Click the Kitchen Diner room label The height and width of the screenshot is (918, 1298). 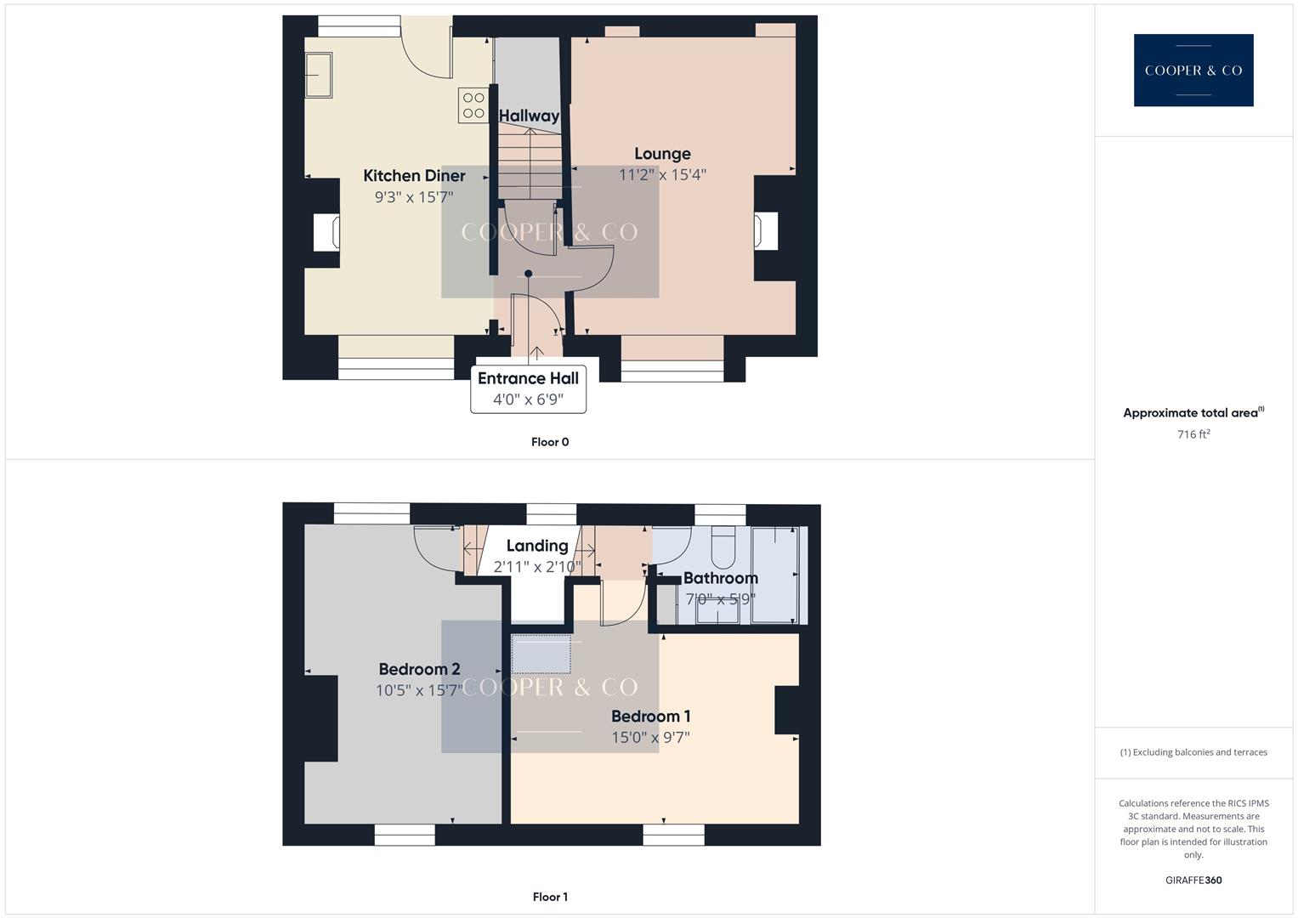coord(414,176)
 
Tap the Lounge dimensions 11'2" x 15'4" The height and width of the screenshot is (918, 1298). coord(662,175)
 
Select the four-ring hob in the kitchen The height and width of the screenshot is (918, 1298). coord(473,105)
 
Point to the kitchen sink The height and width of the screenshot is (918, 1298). coord(319,75)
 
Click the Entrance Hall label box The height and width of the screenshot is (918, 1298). coord(528,388)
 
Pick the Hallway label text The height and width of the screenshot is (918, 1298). coord(529,116)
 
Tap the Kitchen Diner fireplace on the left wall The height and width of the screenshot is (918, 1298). coord(327,232)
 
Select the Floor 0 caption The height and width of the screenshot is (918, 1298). coord(550,442)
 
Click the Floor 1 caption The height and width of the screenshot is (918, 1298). coord(550,897)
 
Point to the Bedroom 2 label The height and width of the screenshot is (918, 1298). coord(419,669)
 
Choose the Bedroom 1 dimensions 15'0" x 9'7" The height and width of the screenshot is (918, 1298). coord(650,738)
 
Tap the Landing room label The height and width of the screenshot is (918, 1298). coord(537,546)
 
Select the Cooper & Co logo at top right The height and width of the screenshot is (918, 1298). coord(1193,71)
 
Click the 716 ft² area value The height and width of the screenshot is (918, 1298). coord(1193,434)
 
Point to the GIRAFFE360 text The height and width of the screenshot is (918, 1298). coord(1193,881)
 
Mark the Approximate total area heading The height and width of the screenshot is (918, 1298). coord(1192,413)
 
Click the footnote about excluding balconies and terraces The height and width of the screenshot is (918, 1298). coord(1193,752)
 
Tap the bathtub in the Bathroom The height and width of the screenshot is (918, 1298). coord(774,575)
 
